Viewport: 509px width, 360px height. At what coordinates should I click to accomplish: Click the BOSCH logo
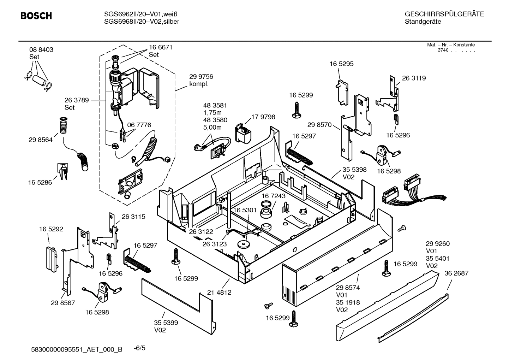pyautogui.click(x=36, y=16)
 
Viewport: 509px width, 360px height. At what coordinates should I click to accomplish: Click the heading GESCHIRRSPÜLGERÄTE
pyautogui.click(x=444, y=14)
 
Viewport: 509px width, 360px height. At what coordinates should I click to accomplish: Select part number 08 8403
pyautogui.click(x=41, y=50)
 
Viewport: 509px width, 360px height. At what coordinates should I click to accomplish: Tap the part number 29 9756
pyautogui.click(x=201, y=77)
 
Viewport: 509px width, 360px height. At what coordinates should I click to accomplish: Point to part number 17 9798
pyautogui.click(x=263, y=117)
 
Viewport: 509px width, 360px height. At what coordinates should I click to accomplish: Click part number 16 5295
pyautogui.click(x=341, y=64)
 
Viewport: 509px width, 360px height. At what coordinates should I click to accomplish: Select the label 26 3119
pyautogui.click(x=414, y=78)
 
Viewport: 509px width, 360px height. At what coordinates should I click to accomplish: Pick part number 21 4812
pyautogui.click(x=219, y=293)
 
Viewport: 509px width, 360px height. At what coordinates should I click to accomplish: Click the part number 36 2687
pyautogui.click(x=456, y=273)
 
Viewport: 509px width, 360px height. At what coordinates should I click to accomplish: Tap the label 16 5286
pyautogui.click(x=40, y=183)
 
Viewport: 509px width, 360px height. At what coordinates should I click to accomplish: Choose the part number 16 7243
pyautogui.click(x=274, y=196)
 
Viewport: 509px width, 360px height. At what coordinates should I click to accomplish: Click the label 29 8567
pyautogui.click(x=63, y=303)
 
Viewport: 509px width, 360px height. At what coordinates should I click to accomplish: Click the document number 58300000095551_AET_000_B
pyautogui.click(x=77, y=349)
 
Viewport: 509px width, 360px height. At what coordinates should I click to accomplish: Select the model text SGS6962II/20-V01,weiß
pyautogui.click(x=140, y=14)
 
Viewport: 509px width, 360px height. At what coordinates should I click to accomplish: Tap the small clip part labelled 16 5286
pyautogui.click(x=62, y=171)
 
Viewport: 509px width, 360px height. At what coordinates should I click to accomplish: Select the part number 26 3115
pyautogui.click(x=133, y=217)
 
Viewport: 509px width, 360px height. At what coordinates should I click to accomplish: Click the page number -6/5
pyautogui.click(x=139, y=348)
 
